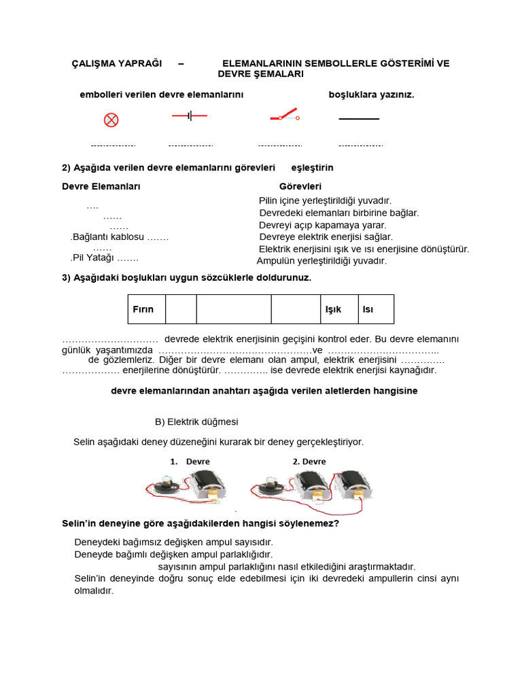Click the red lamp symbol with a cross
[111, 120]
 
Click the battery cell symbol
[190, 116]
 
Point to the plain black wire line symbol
[359, 119]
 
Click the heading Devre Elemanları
[101, 186]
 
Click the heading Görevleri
[300, 186]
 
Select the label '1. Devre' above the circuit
[190, 462]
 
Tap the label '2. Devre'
[309, 462]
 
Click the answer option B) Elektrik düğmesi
[196, 422]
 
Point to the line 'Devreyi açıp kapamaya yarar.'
[322, 225]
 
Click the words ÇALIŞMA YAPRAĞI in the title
[117, 63]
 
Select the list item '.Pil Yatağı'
[104, 258]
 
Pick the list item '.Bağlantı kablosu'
[119, 237]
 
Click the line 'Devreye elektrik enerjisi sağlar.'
[326, 237]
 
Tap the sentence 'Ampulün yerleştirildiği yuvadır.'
[321, 260]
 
